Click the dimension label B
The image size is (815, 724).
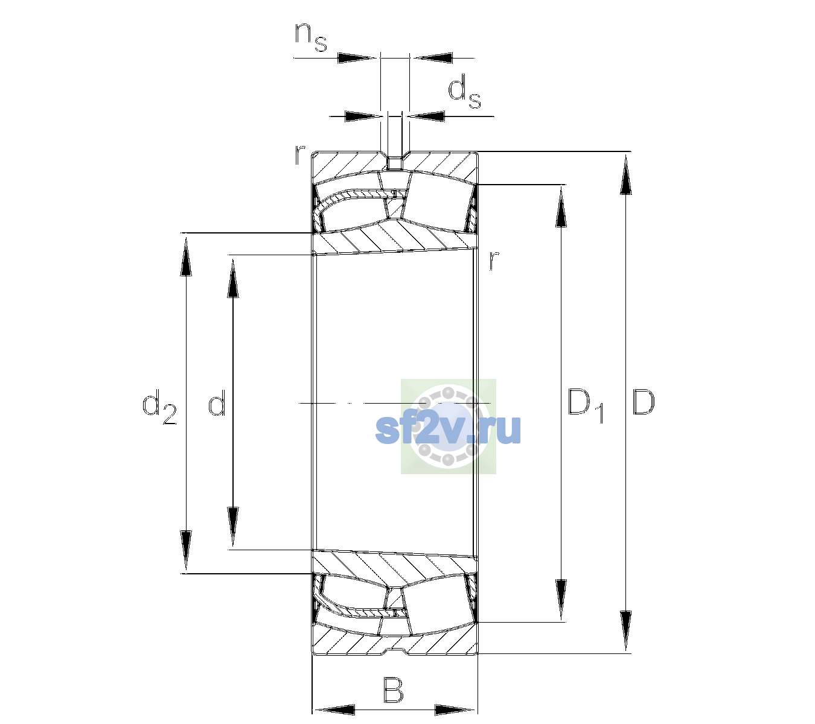393,689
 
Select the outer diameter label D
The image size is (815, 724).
644,402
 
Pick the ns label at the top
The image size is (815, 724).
311,37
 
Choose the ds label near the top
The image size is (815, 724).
464,92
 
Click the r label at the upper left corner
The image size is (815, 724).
299,155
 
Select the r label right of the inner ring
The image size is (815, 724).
494,260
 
